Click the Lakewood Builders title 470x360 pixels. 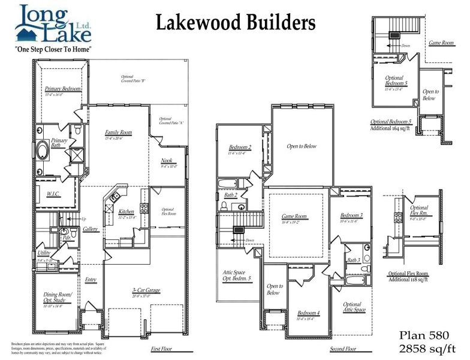tap(236, 23)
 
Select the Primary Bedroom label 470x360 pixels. tap(63, 89)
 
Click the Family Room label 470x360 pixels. tap(118, 133)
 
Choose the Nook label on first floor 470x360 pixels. tap(167, 160)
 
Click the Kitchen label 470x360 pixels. tap(126, 211)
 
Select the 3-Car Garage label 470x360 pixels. tap(144, 291)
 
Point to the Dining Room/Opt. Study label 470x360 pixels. tap(58, 296)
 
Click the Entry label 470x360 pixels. tap(91, 279)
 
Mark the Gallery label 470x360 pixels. tap(91, 229)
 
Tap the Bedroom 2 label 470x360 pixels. tap(240, 147)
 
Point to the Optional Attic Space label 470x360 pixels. tap(352, 307)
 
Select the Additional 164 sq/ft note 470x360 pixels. tap(393, 128)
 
